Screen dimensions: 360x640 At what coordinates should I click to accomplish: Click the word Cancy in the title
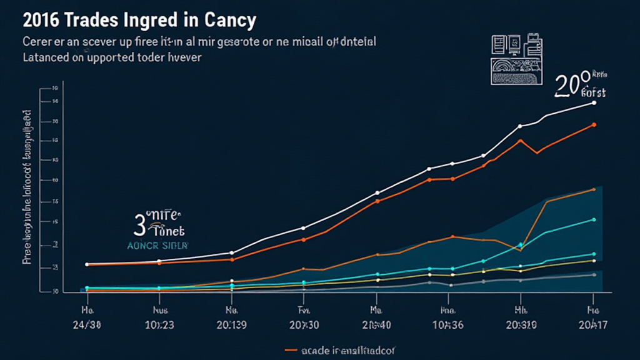pos(231,20)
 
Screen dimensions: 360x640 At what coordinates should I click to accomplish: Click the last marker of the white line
pos(594,102)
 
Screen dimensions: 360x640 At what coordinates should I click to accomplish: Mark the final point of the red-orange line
pos(594,124)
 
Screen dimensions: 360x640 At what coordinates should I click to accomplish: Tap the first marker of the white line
pos(87,264)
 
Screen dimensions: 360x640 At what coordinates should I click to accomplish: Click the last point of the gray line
pos(594,274)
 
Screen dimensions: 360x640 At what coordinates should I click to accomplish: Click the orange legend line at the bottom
pos(292,349)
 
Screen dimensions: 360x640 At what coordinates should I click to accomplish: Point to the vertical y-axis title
pos(27,187)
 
